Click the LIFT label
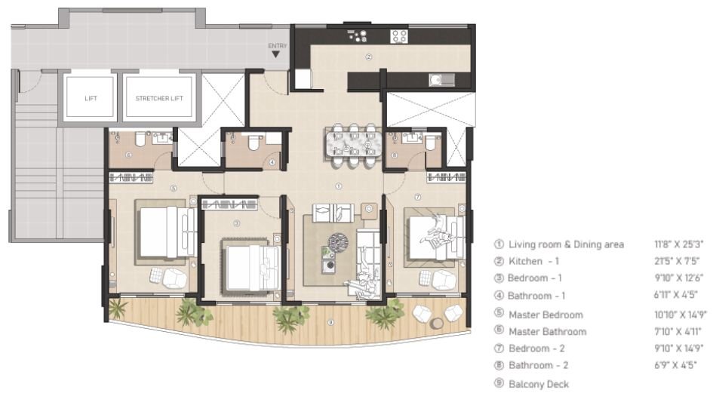pyautogui.click(x=91, y=98)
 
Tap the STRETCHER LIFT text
pyautogui.click(x=159, y=98)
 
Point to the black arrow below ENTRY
pyautogui.click(x=278, y=55)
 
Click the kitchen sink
pyautogui.click(x=436, y=78)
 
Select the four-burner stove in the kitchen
pyautogui.click(x=399, y=35)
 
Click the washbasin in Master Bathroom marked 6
pyautogui.click(x=162, y=138)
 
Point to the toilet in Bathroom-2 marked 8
pyautogui.click(x=430, y=141)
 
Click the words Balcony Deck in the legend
pyautogui.click(x=539, y=384)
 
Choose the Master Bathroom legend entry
pyautogui.click(x=547, y=332)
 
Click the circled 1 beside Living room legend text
pyautogui.click(x=499, y=245)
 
